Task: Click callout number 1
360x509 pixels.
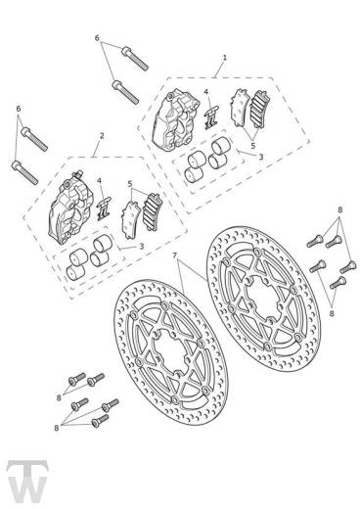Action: tap(225, 58)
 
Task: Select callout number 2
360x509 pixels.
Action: tap(102, 136)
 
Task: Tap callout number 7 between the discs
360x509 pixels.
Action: tap(174, 254)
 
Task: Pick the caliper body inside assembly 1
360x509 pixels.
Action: tap(175, 121)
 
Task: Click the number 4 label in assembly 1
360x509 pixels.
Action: tap(205, 92)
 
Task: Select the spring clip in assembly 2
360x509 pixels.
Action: tap(105, 209)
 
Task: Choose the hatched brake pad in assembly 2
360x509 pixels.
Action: tap(152, 212)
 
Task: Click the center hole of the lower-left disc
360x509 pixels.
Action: tap(171, 352)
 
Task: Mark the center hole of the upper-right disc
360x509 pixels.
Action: tap(263, 298)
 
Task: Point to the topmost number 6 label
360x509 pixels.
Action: tap(97, 38)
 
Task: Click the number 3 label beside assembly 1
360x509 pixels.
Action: tap(261, 157)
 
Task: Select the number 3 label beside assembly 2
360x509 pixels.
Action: tap(141, 246)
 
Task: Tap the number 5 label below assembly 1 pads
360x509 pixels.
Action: tap(253, 145)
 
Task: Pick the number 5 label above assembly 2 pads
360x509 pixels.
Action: tap(130, 184)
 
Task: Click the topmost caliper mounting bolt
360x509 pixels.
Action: tap(135, 58)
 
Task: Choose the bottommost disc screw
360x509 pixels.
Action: tap(100, 421)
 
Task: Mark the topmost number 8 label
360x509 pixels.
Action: tap(340, 210)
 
